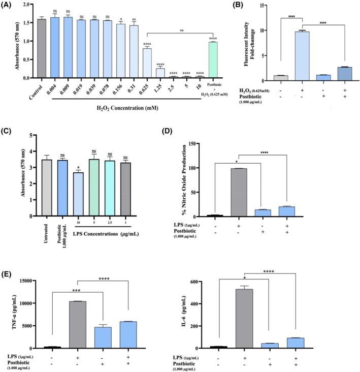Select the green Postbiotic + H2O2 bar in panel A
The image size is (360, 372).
coord(213,61)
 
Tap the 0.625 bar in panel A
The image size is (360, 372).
coord(147,66)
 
